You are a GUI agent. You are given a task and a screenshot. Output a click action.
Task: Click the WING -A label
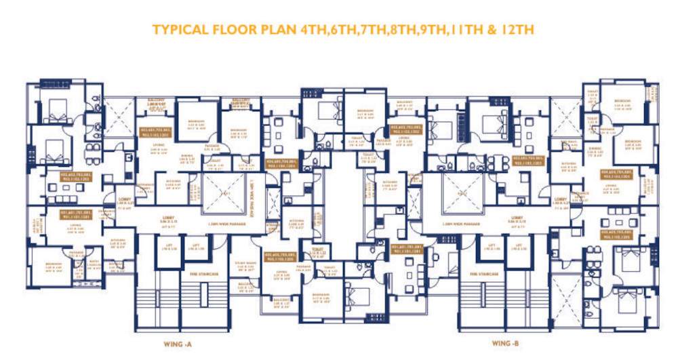[178, 344]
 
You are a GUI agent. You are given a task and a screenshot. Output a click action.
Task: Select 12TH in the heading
[519, 30]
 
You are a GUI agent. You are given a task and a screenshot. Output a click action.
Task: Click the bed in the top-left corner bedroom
[53, 107]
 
